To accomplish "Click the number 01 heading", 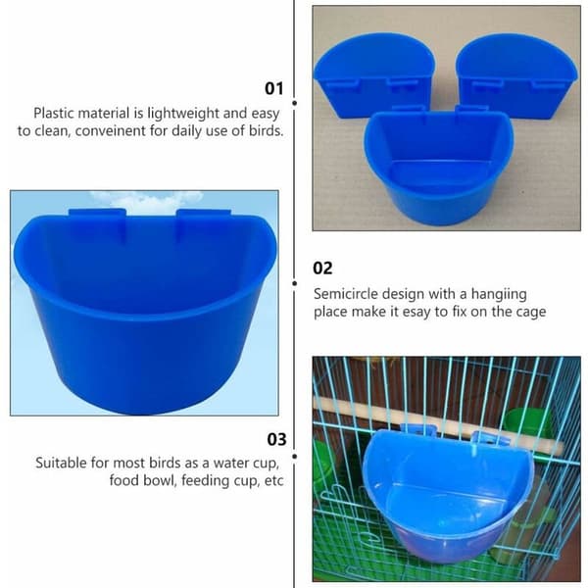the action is [x=274, y=88].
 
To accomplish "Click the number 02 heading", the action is [x=322, y=269].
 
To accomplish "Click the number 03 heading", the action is [x=276, y=439].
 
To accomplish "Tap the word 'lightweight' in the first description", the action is [x=183, y=114].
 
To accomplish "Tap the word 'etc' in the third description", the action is [x=273, y=481].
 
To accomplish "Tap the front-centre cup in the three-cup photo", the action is [x=438, y=165].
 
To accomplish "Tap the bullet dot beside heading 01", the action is [x=295, y=103].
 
